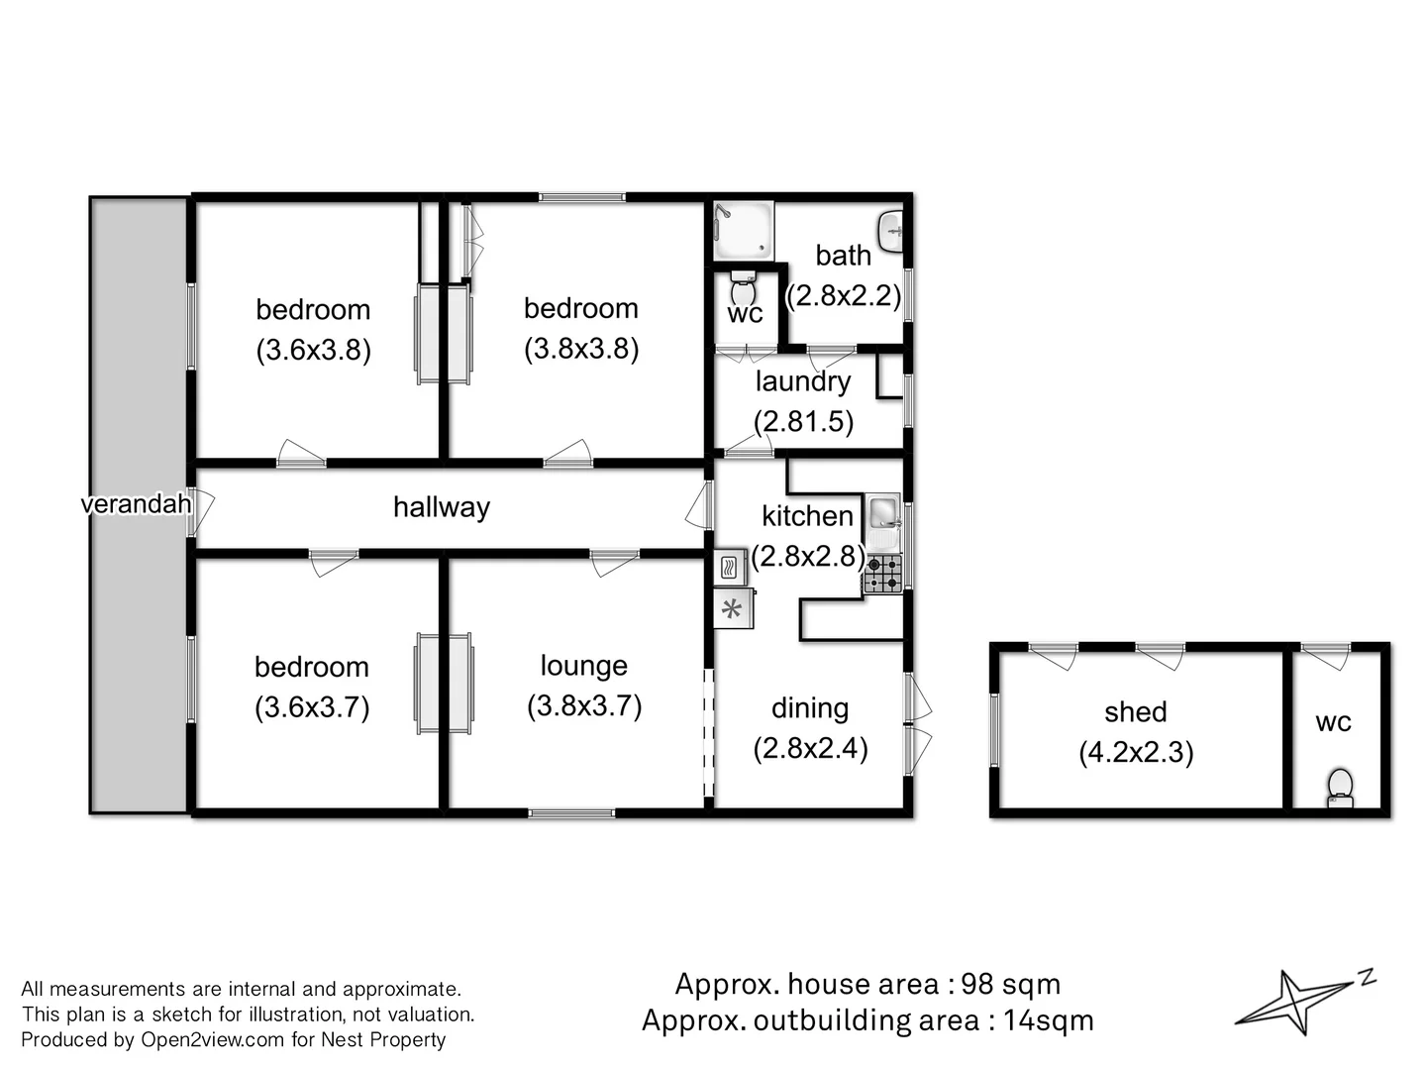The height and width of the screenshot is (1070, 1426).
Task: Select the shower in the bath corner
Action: pos(743,230)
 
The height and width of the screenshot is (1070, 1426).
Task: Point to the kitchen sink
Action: pos(882,514)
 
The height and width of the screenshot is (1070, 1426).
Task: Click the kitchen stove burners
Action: pos(882,574)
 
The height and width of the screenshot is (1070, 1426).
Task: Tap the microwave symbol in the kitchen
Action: pos(730,568)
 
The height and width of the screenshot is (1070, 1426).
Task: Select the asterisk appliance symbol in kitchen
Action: pos(733,609)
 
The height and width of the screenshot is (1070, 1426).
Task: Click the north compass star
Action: pos(1297,999)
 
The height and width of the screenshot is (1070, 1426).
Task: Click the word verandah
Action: pos(136,504)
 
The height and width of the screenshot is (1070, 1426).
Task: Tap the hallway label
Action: pos(441,507)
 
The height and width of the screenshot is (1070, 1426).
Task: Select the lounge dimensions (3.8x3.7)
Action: pos(584,705)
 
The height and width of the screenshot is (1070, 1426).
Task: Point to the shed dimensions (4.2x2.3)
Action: pos(1136,752)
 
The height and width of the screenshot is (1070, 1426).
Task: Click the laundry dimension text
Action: pos(803,421)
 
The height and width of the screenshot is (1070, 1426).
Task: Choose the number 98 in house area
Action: pos(976,984)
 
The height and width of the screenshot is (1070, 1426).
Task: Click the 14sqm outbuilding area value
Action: pos(1048,1020)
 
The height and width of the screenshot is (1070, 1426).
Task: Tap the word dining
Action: pos(810,707)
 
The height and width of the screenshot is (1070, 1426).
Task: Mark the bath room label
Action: pos(843,256)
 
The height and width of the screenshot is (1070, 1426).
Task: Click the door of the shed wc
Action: pos(1326,655)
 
